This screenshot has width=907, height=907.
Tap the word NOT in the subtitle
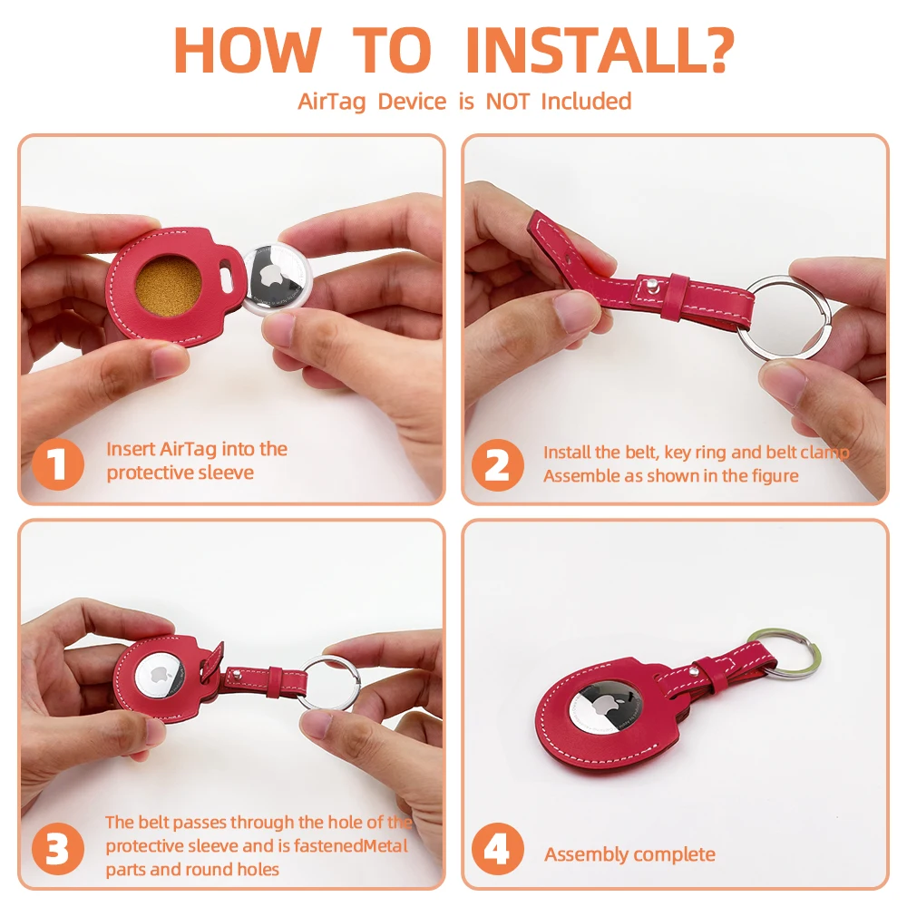(507, 102)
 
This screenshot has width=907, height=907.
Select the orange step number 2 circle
(498, 465)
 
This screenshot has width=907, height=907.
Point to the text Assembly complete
(629, 854)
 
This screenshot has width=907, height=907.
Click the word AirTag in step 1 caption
(188, 449)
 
